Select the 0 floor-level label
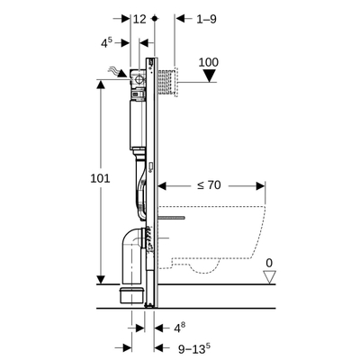coord(267,263)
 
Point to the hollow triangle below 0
coord(268,279)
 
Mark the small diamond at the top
coord(157,18)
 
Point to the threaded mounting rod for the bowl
coord(183,219)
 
